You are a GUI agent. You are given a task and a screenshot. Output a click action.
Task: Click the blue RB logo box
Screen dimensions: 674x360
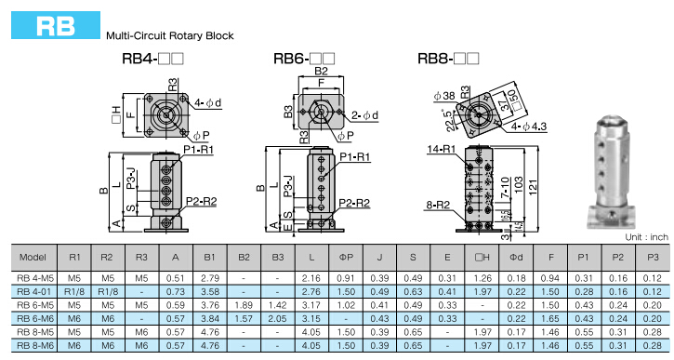click(x=56, y=25)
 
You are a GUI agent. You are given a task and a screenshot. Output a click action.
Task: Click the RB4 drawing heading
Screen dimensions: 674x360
click(x=153, y=59)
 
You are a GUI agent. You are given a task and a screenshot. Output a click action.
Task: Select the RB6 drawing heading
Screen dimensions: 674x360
click(x=304, y=59)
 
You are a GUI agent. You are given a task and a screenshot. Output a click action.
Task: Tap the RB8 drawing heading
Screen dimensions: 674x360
click(x=448, y=59)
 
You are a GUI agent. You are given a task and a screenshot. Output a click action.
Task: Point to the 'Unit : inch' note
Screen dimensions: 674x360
click(x=646, y=237)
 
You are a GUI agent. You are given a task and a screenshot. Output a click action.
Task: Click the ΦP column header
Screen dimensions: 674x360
click(x=346, y=257)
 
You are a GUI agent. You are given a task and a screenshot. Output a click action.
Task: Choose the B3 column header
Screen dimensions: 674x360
click(x=278, y=257)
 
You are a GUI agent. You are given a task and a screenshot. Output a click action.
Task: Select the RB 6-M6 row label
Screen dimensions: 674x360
click(x=34, y=319)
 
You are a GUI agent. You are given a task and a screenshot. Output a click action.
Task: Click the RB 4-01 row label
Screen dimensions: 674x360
click(x=34, y=291)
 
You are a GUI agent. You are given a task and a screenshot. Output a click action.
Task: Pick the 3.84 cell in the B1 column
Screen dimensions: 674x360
click(x=210, y=319)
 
